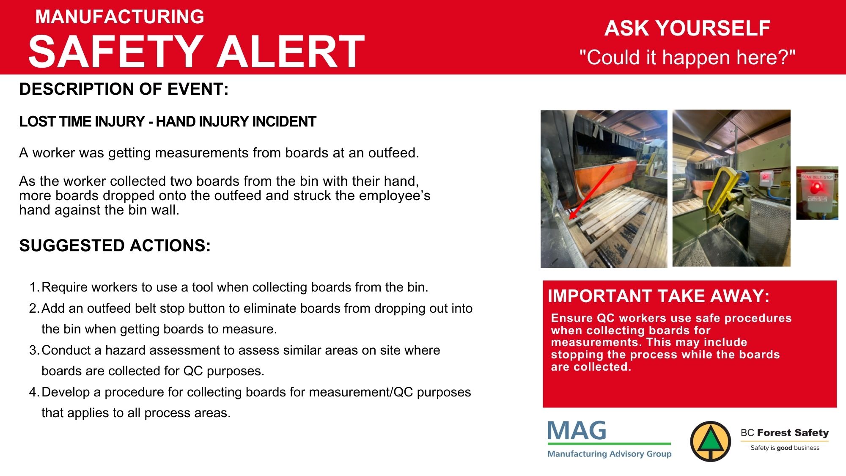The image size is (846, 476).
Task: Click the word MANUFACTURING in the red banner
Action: pyautogui.click(x=120, y=17)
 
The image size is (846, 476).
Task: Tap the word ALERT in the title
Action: pyautogui.click(x=291, y=51)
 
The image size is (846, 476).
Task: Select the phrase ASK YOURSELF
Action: pyautogui.click(x=687, y=28)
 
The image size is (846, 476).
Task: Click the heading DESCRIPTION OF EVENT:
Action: pyautogui.click(x=124, y=89)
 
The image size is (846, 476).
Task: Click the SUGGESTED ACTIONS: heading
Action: pyautogui.click(x=115, y=246)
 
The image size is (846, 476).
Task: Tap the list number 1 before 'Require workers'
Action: pyautogui.click(x=34, y=287)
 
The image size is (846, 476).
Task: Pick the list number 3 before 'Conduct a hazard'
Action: pyautogui.click(x=34, y=350)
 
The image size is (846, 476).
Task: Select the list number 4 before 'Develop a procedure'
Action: pyautogui.click(x=34, y=392)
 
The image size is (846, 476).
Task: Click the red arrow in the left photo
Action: pyautogui.click(x=591, y=193)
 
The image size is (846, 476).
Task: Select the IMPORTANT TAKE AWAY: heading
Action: pyautogui.click(x=659, y=296)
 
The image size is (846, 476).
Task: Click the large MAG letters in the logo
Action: pyautogui.click(x=577, y=431)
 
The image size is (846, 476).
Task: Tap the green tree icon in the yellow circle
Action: pyautogui.click(x=711, y=441)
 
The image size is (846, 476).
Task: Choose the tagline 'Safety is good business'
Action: pyautogui.click(x=785, y=448)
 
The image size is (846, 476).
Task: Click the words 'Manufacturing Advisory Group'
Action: pyautogui.click(x=610, y=454)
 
